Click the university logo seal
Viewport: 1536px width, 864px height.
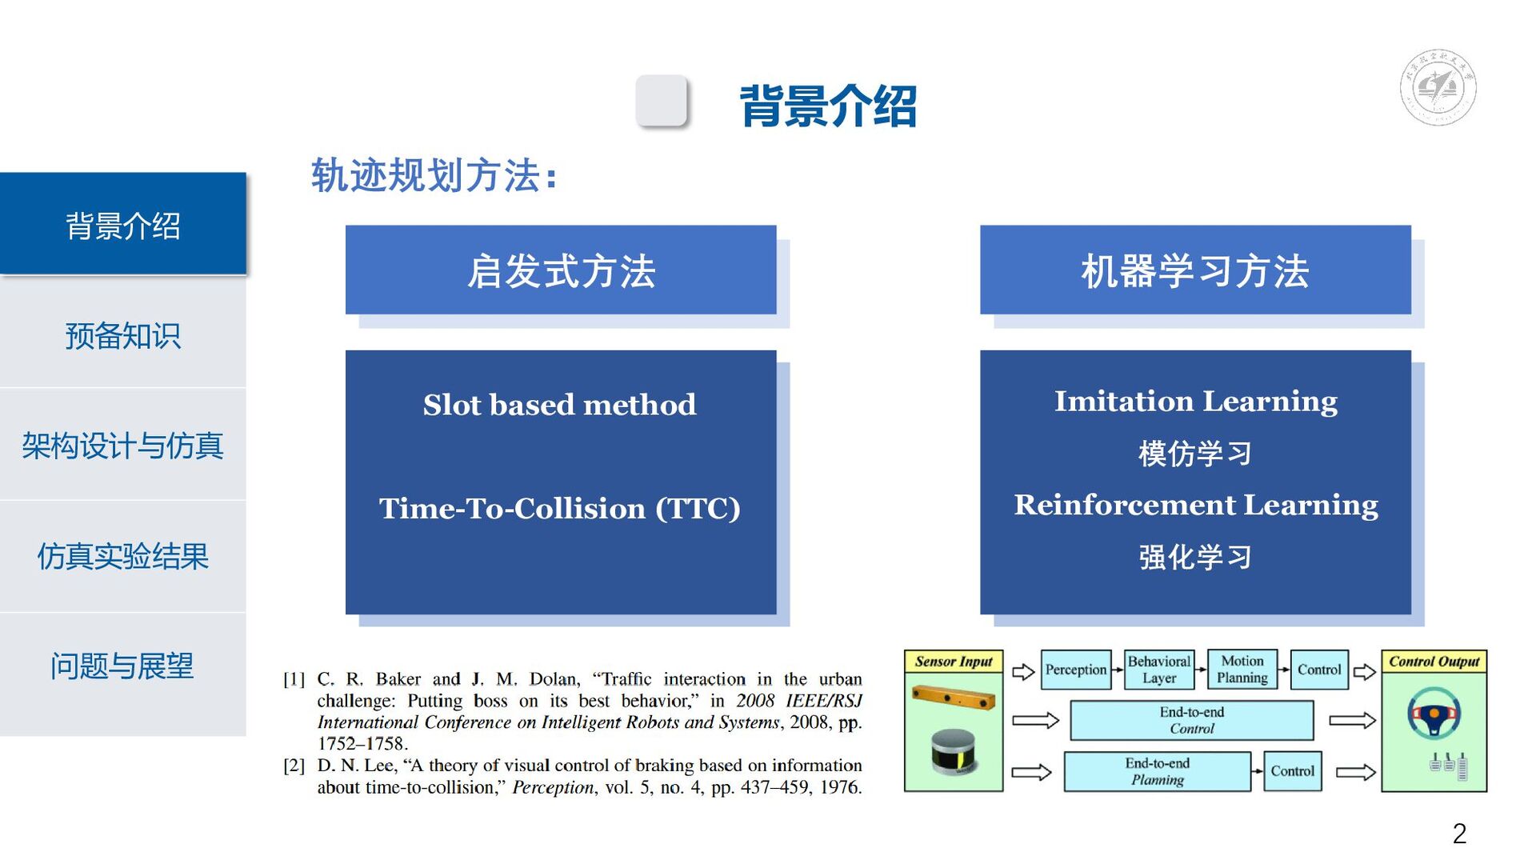(x=1438, y=87)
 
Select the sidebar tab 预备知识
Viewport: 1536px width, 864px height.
(x=122, y=336)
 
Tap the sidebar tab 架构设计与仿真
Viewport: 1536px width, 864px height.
(x=122, y=446)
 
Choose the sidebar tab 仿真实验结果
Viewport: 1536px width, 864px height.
(x=122, y=556)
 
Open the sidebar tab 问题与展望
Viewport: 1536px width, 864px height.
(x=122, y=666)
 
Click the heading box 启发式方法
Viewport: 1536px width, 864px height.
(x=561, y=270)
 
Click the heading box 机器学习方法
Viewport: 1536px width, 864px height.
(x=1195, y=270)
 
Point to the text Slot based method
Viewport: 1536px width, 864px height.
(x=559, y=405)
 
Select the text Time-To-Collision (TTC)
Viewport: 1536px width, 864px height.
(x=559, y=509)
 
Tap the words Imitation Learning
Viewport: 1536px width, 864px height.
(x=1195, y=402)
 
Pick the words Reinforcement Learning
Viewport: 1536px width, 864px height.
(x=1195, y=506)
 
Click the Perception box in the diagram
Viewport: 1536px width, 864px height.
(x=1076, y=670)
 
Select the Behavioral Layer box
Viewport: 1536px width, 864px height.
(x=1159, y=670)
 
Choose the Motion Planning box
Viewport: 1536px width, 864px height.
(x=1242, y=670)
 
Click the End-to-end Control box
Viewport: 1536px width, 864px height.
(x=1191, y=720)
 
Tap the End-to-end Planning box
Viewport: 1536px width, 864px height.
(x=1157, y=771)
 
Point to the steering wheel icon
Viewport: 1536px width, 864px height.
(x=1434, y=713)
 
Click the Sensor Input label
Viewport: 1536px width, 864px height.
(x=953, y=662)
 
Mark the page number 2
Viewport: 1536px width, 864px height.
(x=1459, y=834)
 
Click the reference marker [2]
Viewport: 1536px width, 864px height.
(x=294, y=766)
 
